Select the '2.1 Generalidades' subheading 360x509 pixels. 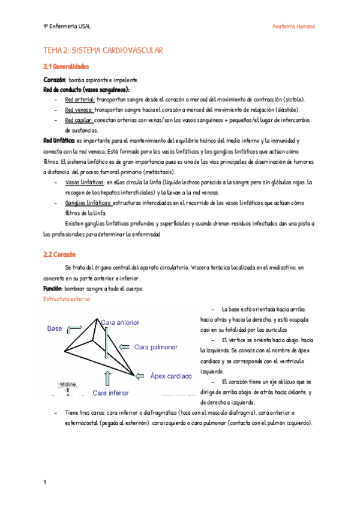[66, 66]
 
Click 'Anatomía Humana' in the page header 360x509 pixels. [293, 27]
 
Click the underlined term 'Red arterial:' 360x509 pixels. [79, 100]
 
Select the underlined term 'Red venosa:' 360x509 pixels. [79, 110]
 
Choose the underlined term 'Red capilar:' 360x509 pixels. [79, 120]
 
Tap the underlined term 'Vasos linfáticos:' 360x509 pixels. [85, 182]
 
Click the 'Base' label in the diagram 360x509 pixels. [55, 329]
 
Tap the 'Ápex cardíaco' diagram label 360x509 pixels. [170, 376]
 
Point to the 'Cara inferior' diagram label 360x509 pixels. [110, 393]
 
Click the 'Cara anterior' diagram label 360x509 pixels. [120, 323]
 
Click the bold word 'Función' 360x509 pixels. [54, 289]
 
